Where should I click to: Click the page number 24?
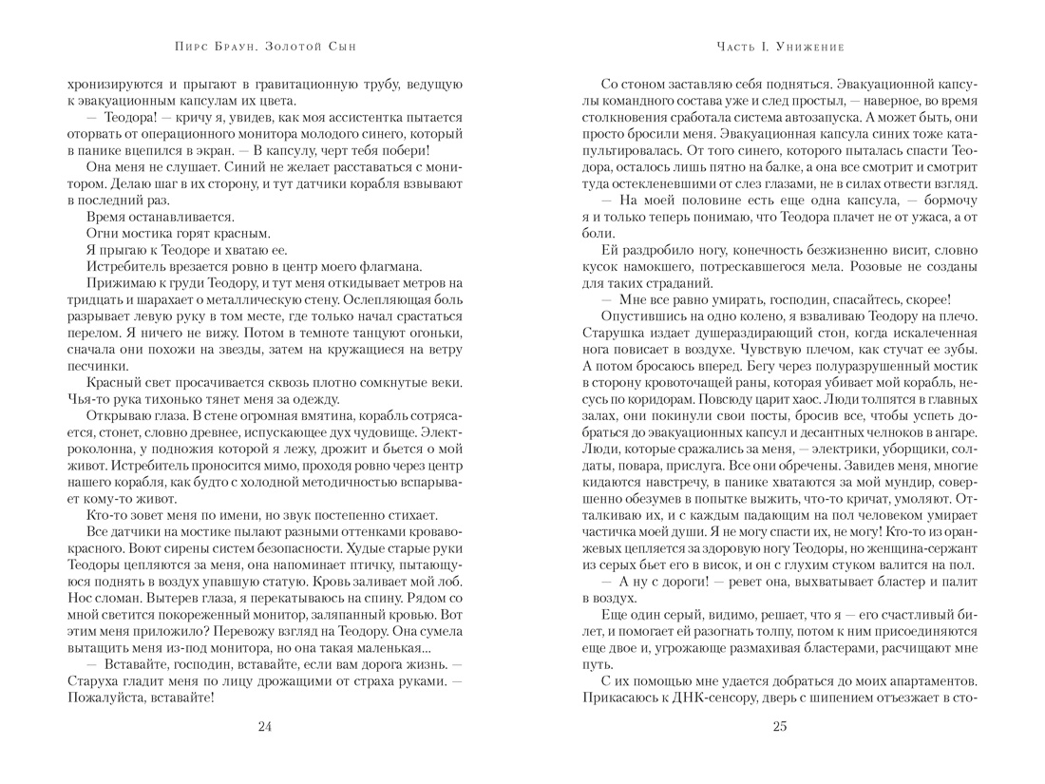coord(265,728)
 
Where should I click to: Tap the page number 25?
coord(780,728)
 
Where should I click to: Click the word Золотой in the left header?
coord(285,46)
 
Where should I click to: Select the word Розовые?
coord(834,265)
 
